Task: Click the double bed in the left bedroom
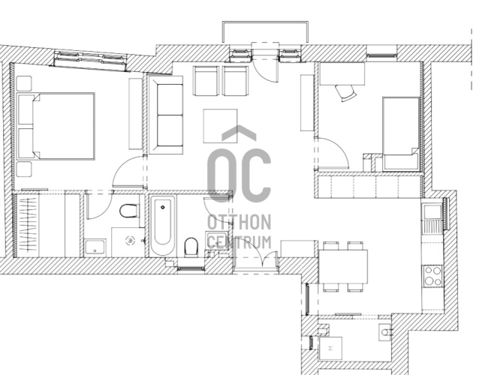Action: (56, 126)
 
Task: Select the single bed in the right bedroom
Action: (400, 133)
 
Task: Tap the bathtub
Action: (163, 226)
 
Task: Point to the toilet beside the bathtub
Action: (191, 247)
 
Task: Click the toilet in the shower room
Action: (128, 211)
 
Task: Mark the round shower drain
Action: (131, 241)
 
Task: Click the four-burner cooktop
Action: (432, 276)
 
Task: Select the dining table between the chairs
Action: (343, 266)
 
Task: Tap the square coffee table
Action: (220, 126)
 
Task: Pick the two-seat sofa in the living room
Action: (166, 115)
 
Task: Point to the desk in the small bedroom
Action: (342, 73)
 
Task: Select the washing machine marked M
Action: (330, 348)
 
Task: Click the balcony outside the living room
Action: (265, 32)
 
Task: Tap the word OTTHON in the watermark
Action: (239, 222)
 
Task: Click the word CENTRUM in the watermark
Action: (239, 242)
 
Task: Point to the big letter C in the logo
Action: (255, 175)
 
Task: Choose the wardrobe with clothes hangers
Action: (28, 225)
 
